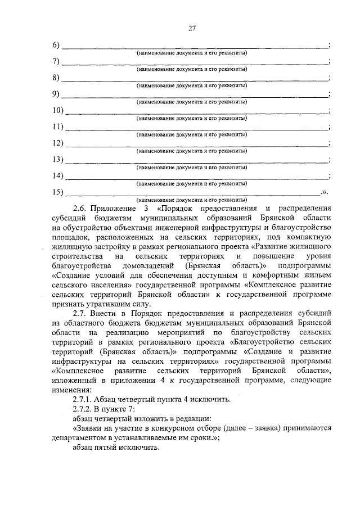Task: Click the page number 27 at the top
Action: [191, 28]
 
